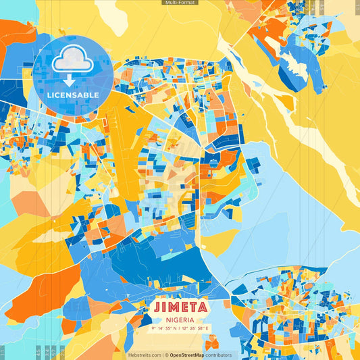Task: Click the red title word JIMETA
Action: point(180,307)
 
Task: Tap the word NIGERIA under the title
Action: point(180,319)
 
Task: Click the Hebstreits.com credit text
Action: point(145,355)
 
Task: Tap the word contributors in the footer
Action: point(218,355)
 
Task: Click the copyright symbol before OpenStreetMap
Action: point(166,355)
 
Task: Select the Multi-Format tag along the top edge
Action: point(180,3)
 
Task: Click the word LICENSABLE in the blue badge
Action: point(73,95)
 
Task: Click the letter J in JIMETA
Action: point(157,307)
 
